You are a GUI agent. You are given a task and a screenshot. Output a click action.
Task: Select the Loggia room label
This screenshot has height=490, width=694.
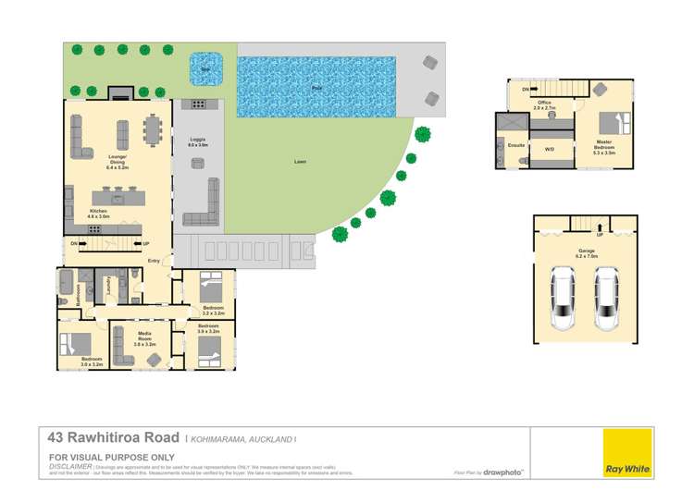point(197,141)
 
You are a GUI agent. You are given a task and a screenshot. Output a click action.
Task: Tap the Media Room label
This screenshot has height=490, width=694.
point(144,336)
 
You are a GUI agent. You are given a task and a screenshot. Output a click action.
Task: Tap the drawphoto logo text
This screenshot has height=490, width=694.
point(508,472)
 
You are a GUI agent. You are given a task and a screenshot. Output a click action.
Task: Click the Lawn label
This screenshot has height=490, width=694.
point(300,162)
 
